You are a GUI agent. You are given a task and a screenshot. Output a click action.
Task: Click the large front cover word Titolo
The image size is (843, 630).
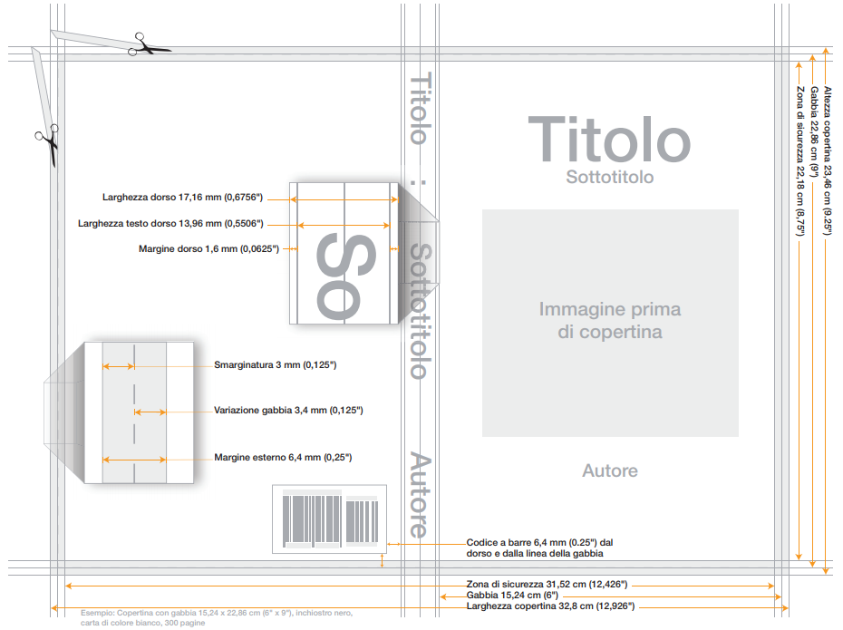[609, 139]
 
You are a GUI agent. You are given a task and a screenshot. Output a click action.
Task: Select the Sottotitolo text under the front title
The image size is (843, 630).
[610, 177]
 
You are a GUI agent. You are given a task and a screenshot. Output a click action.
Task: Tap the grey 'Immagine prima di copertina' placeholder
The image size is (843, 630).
[610, 323]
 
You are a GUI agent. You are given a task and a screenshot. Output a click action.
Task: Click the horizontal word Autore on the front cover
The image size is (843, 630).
[610, 470]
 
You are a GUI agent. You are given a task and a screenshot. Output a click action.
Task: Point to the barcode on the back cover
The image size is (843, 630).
[330, 519]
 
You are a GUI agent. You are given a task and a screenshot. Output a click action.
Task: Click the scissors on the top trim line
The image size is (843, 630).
[150, 45]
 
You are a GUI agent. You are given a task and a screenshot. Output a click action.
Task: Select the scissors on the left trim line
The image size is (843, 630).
[48, 143]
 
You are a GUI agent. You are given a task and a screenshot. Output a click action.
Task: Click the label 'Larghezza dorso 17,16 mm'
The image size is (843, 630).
[183, 198]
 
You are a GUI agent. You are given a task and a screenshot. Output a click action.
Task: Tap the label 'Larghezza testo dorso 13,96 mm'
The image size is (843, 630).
[170, 223]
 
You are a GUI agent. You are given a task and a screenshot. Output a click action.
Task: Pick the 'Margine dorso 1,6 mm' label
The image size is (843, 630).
[208, 249]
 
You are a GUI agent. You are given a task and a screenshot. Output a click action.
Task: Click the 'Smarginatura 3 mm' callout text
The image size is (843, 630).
[276, 365]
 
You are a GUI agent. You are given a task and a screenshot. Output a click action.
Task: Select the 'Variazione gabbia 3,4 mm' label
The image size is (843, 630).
[289, 410]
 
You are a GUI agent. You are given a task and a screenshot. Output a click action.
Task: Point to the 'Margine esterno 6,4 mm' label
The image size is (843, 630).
[284, 458]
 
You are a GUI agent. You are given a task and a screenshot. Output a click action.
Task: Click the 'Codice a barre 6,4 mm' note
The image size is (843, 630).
[539, 548]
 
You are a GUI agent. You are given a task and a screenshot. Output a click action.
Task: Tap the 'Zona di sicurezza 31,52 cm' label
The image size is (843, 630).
[547, 585]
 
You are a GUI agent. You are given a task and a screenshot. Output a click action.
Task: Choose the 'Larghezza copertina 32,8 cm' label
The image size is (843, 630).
[550, 606]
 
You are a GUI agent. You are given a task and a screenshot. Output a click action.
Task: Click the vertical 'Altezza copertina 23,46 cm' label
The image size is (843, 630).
[828, 160]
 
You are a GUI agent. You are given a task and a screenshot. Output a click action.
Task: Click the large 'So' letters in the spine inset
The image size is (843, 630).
[345, 276]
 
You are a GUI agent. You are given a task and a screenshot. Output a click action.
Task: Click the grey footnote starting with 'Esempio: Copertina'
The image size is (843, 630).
[217, 617]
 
